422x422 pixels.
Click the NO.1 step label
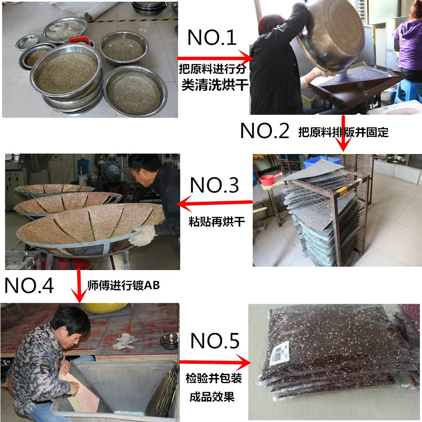point(212,38)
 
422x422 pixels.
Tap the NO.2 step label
point(265,131)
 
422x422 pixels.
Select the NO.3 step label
point(214,185)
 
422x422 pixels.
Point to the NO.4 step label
point(29,286)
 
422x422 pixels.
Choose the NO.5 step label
point(215,341)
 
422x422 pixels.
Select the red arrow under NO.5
point(215,362)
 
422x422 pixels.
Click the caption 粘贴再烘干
point(216,222)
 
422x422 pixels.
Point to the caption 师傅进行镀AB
point(124,285)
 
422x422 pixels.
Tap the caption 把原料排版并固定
point(344,132)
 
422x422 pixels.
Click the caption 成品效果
point(212,397)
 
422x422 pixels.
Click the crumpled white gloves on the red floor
point(125,341)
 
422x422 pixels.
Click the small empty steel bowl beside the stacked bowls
point(27,42)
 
